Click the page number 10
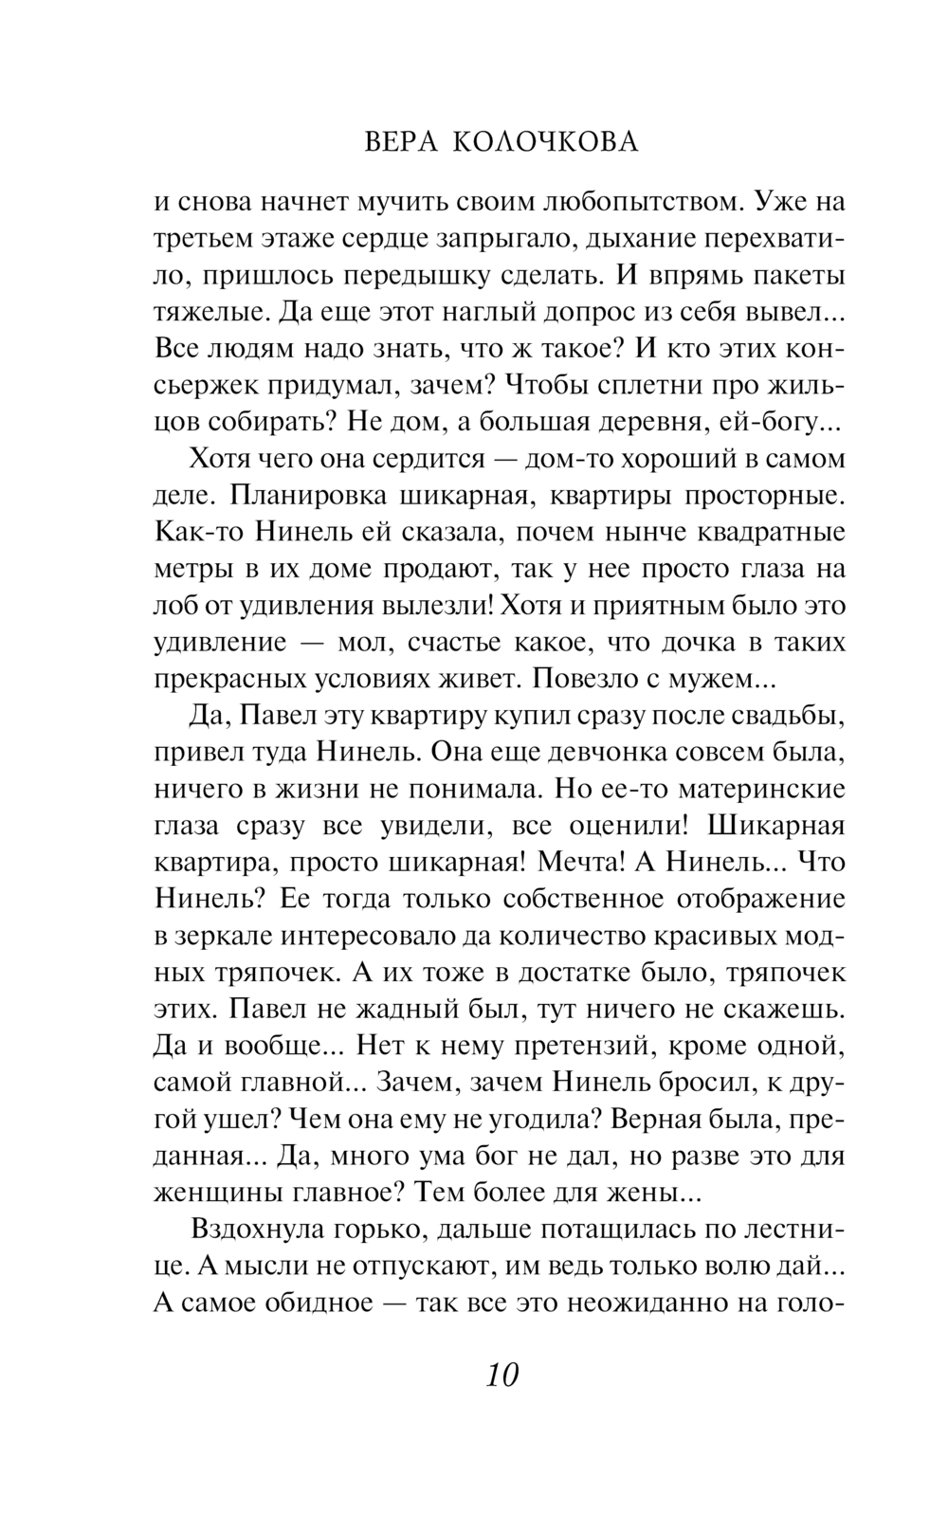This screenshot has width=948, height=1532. coord(502,1373)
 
